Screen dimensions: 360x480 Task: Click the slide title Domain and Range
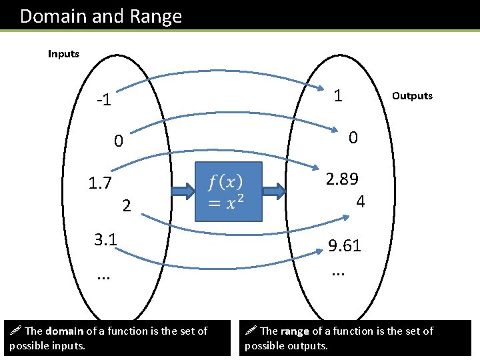(x=101, y=16)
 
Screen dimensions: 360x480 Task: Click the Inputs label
(x=63, y=54)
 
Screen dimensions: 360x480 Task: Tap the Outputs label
(x=412, y=96)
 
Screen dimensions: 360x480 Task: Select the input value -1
(x=103, y=101)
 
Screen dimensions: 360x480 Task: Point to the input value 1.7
(x=100, y=183)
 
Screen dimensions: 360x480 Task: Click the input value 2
(x=127, y=206)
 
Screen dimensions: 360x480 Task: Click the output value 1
(x=338, y=96)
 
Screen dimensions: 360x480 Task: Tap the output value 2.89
(x=342, y=179)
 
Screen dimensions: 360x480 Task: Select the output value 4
(x=360, y=201)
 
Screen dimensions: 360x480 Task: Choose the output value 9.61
(x=345, y=246)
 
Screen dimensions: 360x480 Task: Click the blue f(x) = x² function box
(x=229, y=191)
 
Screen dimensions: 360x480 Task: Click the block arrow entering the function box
(x=182, y=192)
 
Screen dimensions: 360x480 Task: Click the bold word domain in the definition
(x=65, y=331)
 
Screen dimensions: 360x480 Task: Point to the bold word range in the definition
(x=295, y=331)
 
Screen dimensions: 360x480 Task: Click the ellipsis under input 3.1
(x=102, y=275)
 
